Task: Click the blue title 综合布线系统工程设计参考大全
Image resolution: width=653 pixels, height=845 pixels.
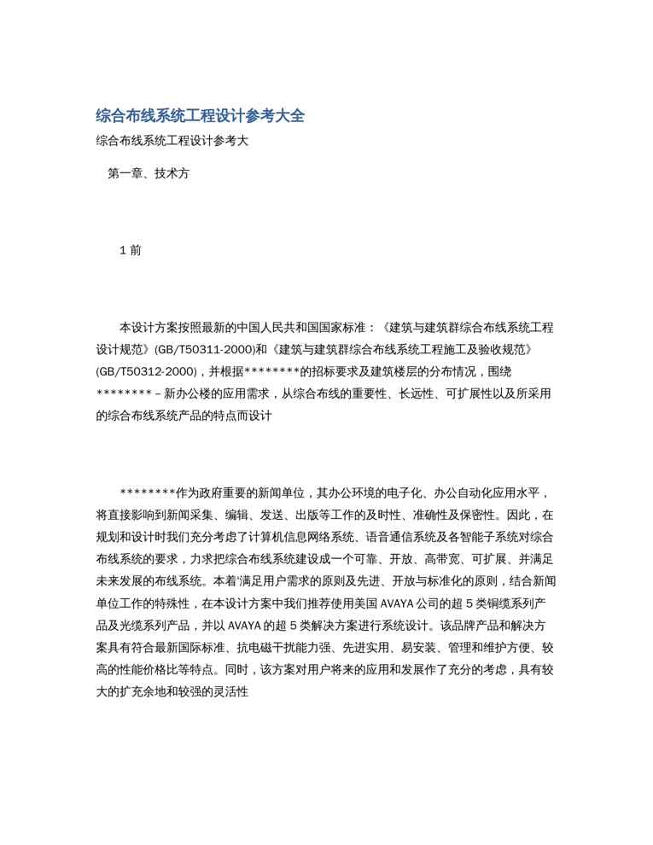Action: click(200, 115)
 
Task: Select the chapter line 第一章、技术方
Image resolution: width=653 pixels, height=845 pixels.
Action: click(149, 173)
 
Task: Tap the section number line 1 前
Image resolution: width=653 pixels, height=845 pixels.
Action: click(131, 250)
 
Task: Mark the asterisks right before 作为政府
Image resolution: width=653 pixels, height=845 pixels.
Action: click(148, 493)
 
